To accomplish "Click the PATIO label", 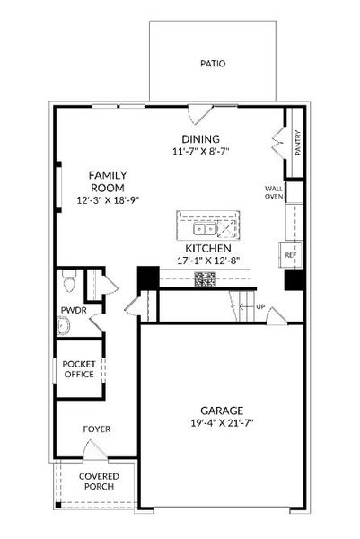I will tap(213, 65).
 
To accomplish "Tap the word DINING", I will tap(200, 139).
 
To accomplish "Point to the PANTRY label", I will tap(297, 144).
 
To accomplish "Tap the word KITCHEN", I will tap(209, 248).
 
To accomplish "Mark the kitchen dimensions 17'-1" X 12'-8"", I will tap(209, 261).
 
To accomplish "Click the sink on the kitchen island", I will tap(209, 221).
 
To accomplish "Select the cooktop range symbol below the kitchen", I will tap(205, 279).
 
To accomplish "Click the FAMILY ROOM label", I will tap(106, 181).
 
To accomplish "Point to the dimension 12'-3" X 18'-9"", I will tap(106, 201).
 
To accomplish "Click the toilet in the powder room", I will tap(70, 284).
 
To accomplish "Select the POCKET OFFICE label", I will tap(79, 368).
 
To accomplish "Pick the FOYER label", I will tap(97, 429).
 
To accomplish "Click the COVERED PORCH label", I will tap(97, 482).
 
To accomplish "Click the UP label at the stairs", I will tap(261, 306).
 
